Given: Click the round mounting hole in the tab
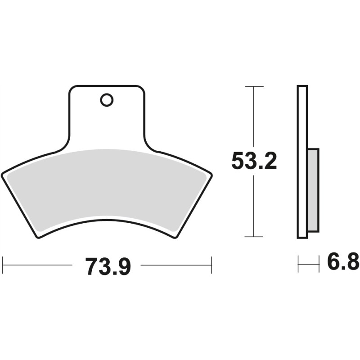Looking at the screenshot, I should [x=107, y=100].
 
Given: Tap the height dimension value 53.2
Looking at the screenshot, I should [x=254, y=161].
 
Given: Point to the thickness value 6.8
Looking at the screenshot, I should [x=343, y=262].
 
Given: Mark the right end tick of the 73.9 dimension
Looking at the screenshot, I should [x=211, y=265].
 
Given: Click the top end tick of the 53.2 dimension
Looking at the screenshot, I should [x=254, y=86].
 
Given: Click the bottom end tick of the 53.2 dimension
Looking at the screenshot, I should [x=254, y=236].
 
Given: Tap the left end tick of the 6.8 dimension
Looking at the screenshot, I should [x=298, y=264].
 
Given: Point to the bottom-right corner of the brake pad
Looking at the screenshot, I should [x=175, y=237].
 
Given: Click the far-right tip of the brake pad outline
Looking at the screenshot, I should [x=212, y=173].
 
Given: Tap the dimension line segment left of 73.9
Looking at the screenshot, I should [x=38, y=265].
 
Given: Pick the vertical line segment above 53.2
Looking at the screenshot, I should [x=254, y=117].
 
